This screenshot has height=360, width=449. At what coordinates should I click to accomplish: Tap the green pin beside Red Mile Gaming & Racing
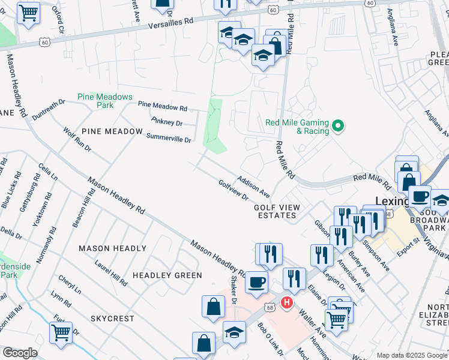pyautogui.click(x=338, y=126)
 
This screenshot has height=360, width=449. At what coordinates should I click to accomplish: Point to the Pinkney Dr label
pyautogui.click(x=167, y=122)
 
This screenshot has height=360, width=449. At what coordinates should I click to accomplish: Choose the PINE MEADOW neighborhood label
pyautogui.click(x=112, y=131)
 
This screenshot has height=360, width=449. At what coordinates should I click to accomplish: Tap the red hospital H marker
pyautogui.click(x=288, y=302)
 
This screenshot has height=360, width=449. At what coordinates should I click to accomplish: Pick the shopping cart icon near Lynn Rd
pyautogui.click(x=61, y=331)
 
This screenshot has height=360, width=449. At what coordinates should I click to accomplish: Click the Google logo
pyautogui.click(x=20, y=353)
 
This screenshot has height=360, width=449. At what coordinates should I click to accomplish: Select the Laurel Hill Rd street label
pyautogui.click(x=110, y=273)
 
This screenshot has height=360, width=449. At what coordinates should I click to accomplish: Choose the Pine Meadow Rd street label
pyautogui.click(x=163, y=106)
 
